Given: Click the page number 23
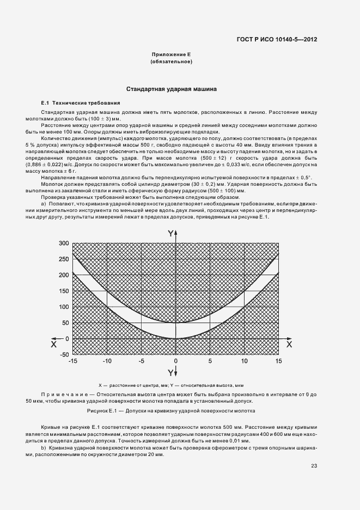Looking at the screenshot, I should click(x=314, y=466).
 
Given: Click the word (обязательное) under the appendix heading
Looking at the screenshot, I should click(x=171, y=62).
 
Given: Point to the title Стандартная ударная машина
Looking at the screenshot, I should click(x=172, y=88).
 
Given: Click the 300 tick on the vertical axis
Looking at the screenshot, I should click(x=63, y=242).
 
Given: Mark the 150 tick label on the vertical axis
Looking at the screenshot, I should click(x=63, y=290).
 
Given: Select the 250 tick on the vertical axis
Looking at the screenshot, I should click(x=63, y=258).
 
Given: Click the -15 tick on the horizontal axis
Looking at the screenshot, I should click(x=73, y=361).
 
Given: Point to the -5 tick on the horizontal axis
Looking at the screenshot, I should click(x=141, y=361).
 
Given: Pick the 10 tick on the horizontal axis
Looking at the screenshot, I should click(x=245, y=361).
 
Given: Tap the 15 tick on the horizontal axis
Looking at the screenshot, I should click(x=278, y=361).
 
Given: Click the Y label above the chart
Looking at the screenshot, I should click(x=170, y=233).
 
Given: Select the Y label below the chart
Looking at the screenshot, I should click(x=170, y=373).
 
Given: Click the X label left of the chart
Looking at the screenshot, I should click(x=53, y=344).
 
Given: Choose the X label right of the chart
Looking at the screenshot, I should click(x=289, y=344).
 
